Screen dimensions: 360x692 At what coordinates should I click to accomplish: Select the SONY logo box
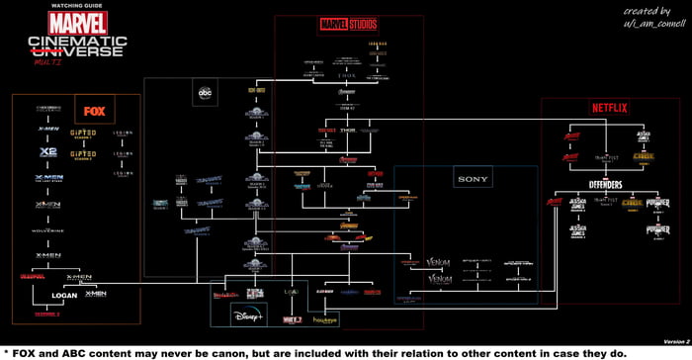[466, 179]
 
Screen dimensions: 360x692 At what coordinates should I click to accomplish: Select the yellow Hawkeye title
[326, 319]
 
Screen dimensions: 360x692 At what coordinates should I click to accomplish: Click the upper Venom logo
[439, 264]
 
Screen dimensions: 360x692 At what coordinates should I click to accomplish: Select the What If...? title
[291, 318]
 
